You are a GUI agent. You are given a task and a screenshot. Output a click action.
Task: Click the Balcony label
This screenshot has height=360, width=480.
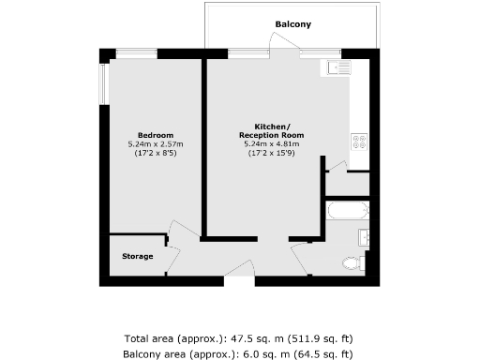[293, 23]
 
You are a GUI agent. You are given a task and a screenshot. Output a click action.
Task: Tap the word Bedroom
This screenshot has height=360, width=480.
[155, 134]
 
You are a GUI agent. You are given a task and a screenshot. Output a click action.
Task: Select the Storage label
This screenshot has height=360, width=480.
[137, 256]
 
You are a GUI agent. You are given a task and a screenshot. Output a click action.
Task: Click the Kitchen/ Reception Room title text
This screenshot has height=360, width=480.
[278, 130]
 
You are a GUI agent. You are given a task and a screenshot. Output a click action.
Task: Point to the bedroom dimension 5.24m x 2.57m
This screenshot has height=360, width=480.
[155, 143]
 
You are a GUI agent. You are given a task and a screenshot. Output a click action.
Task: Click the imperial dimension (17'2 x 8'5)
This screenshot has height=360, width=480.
[155, 153]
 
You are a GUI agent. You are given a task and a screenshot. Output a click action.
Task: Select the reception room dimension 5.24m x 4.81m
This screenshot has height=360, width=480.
[278, 143]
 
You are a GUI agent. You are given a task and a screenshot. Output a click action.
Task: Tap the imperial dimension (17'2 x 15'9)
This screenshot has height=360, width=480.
[278, 153]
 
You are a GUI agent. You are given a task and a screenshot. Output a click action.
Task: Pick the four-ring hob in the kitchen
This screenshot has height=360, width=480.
[358, 142]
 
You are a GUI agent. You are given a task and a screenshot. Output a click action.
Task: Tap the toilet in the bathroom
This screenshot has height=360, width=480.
[354, 263]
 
